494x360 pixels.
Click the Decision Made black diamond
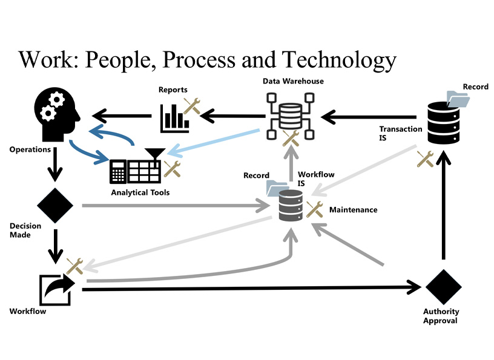click(55, 205)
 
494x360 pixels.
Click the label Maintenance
click(353, 210)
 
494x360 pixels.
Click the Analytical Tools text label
click(140, 192)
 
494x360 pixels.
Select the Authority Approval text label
click(441, 316)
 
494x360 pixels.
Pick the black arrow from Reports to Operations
click(121, 114)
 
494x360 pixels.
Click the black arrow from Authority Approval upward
click(444, 206)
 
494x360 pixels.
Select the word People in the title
click(117, 60)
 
